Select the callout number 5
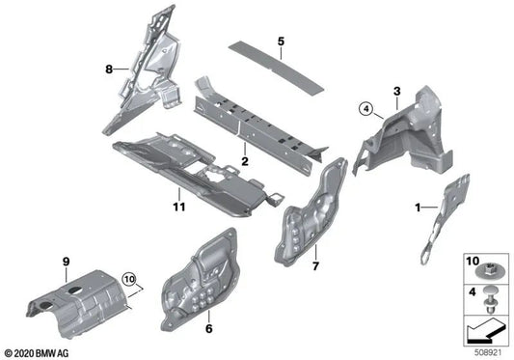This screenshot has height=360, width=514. [x=281, y=42]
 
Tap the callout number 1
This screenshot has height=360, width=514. [x=418, y=207]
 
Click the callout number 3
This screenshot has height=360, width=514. [x=395, y=91]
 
